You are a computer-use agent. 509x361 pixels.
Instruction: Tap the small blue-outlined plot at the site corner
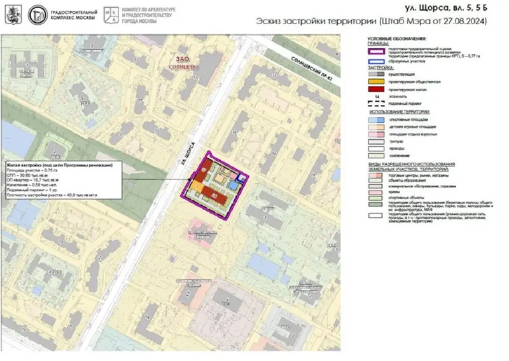click(241, 177)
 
